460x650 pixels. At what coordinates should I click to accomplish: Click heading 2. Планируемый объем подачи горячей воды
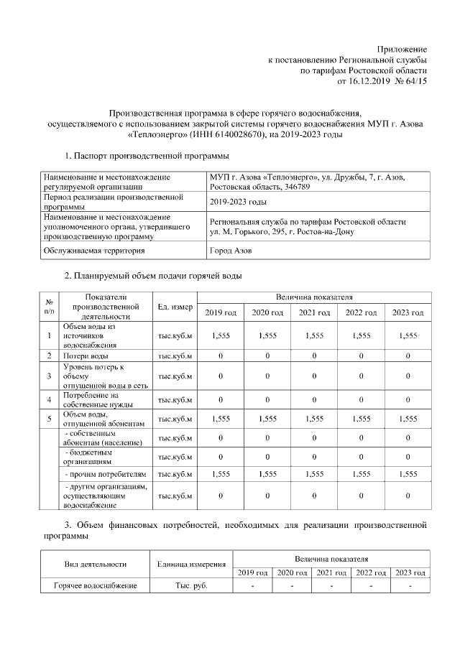[x=153, y=276]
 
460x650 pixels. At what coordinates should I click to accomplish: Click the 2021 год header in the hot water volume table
[x=314, y=312]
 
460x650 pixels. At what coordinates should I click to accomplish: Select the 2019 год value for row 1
[x=221, y=335]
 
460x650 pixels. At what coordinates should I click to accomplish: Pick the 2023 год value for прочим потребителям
[x=408, y=474]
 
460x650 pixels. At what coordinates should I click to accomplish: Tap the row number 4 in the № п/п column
[x=49, y=400]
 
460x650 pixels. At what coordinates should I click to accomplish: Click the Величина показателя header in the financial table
[x=331, y=558]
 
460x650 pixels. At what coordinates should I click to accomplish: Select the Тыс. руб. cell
[x=191, y=586]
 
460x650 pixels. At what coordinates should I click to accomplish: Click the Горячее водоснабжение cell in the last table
[x=95, y=586]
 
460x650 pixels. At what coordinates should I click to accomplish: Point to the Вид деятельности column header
[x=95, y=565]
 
